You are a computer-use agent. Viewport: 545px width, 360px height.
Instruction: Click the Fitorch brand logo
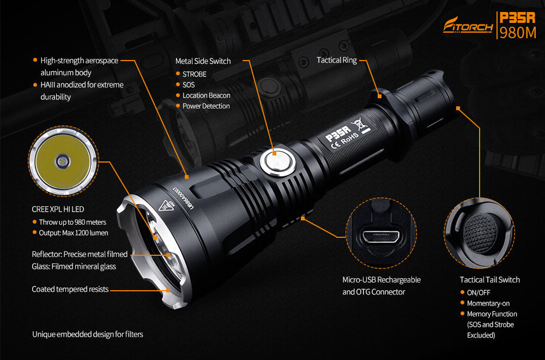tap(468, 25)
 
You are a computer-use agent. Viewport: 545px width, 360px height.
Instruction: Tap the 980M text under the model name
tap(518, 33)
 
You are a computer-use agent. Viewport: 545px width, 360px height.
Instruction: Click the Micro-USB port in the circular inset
tap(381, 237)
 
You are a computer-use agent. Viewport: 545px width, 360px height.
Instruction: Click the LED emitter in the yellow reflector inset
tap(63, 161)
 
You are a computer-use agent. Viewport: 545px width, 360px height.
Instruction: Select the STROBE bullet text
tap(195, 74)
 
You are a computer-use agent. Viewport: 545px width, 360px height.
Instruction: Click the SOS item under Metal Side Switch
tap(189, 85)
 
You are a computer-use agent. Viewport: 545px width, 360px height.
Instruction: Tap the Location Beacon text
tap(206, 95)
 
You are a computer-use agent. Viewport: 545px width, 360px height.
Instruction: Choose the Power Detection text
tap(206, 106)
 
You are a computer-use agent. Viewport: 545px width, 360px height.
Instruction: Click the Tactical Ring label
tap(336, 60)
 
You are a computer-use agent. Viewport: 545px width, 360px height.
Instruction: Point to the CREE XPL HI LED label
tap(58, 209)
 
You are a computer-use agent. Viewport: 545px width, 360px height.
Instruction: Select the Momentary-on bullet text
tap(488, 303)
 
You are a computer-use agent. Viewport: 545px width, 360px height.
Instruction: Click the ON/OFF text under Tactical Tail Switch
tap(479, 292)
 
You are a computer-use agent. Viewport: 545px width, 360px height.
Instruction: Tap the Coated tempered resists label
tap(70, 290)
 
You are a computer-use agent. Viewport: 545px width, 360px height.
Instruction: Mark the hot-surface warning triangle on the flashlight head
tap(166, 206)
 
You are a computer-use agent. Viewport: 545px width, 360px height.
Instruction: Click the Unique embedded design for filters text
tap(88, 334)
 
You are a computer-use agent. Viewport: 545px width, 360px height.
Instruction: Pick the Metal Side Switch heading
tap(203, 61)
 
